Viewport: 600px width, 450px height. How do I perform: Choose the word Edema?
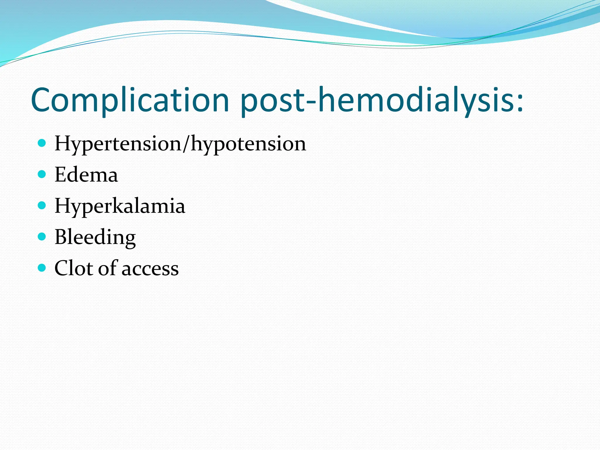pos(86,175)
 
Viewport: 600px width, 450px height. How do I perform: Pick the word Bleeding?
pos(95,237)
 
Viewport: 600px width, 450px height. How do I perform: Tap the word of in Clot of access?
pos(107,268)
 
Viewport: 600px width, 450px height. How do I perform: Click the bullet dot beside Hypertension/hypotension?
pos(42,143)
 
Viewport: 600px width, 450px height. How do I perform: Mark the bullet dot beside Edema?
pos(42,174)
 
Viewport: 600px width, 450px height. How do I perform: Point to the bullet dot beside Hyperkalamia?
pos(42,205)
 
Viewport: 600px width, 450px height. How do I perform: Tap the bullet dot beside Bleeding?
pos(42,236)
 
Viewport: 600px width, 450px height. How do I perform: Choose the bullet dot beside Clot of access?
pos(42,267)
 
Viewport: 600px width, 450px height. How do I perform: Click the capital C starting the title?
pos(41,100)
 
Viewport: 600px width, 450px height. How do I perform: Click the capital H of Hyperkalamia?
pos(63,205)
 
